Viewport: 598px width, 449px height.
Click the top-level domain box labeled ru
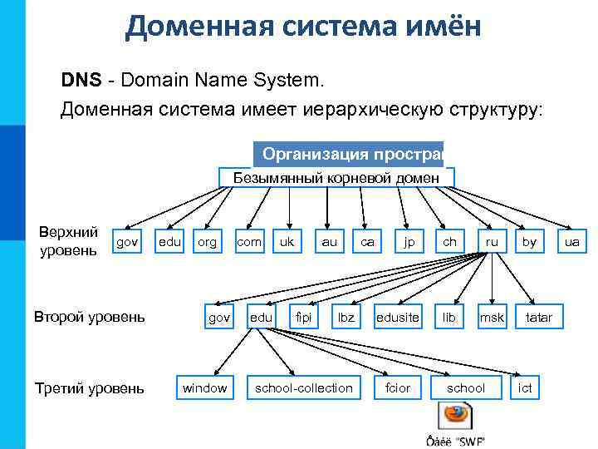pos(492,242)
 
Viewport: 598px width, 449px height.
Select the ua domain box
pos(572,242)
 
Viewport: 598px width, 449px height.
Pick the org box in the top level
pos(207,242)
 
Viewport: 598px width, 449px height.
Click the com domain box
pos(248,242)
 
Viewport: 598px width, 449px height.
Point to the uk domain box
pos(287,242)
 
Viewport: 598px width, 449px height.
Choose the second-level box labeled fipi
pos(304,317)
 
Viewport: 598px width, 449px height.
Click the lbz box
pos(346,317)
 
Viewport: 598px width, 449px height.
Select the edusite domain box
pos(398,317)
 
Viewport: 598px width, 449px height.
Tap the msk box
pos(492,317)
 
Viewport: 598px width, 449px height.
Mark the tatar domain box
pos(538,317)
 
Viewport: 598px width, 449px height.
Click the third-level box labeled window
pos(204,387)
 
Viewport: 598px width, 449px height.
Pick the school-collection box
pos(303,387)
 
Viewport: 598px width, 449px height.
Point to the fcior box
pos(398,387)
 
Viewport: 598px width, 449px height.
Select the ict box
pos(525,387)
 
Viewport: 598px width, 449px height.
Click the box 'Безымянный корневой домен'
pos(336,177)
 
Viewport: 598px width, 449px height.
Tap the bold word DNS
pos(81,81)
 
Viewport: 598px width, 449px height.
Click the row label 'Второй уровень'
pos(89,317)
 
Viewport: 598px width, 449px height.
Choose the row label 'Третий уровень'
pos(89,388)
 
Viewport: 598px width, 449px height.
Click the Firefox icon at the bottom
pos(455,416)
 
